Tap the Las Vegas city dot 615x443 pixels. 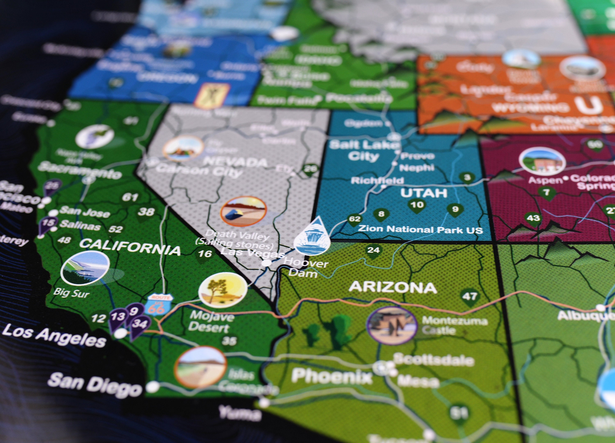point(266,263)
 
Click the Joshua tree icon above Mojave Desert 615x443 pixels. point(223,290)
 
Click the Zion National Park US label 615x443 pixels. point(420,229)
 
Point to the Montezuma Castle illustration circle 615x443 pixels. point(392,325)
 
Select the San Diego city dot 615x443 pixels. point(153,387)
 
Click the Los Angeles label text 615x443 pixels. point(54,335)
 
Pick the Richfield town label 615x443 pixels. point(377,180)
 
